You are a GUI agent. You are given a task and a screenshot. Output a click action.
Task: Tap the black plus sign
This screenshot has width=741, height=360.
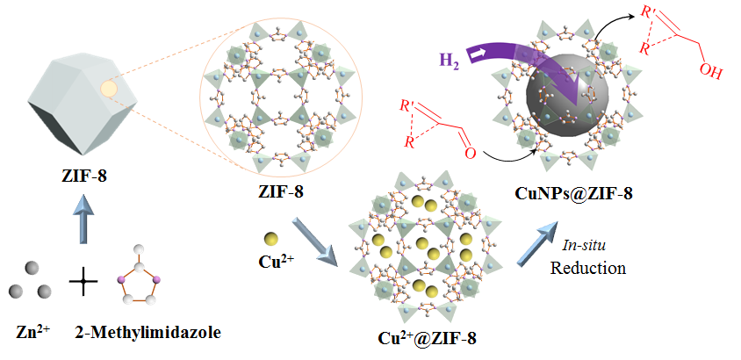point(83,283)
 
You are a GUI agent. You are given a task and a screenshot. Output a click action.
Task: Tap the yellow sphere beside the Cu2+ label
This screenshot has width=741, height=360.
point(272,240)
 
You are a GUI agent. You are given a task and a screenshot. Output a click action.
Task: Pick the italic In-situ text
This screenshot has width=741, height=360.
point(587,248)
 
